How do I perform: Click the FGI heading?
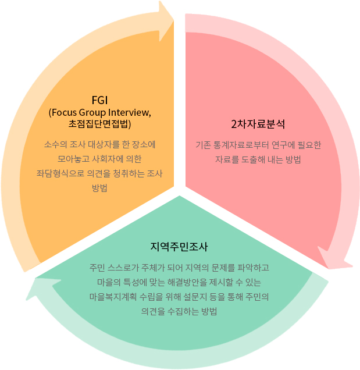pyautogui.click(x=99, y=100)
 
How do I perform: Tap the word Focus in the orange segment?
pyautogui.click(x=64, y=112)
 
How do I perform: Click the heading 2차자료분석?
pyautogui.click(x=258, y=124)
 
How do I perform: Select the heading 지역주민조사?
pyautogui.click(x=179, y=247)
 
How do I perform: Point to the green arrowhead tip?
pyautogui.click(x=26, y=300)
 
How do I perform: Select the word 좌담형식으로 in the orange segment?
pyautogui.click(x=60, y=174)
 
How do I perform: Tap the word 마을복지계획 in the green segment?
pyautogui.click(x=113, y=297)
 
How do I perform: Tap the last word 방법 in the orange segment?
pyautogui.click(x=99, y=188)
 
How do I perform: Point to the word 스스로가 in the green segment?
pyautogui.click(x=123, y=268)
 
